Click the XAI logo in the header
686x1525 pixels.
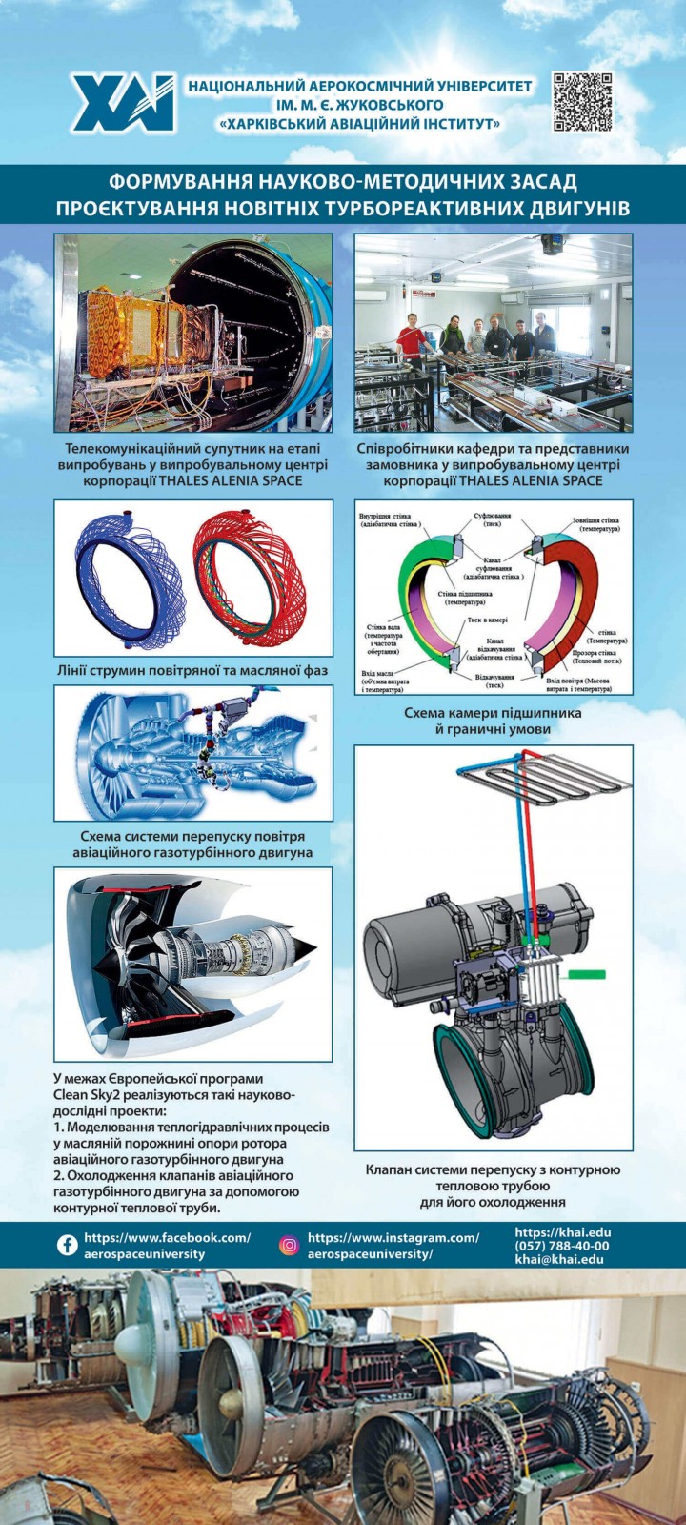click(x=122, y=102)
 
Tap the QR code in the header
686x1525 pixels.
click(x=582, y=101)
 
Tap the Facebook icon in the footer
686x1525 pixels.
click(x=68, y=1245)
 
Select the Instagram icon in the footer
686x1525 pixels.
click(x=289, y=1245)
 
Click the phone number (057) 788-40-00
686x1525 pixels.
click(x=562, y=1246)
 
